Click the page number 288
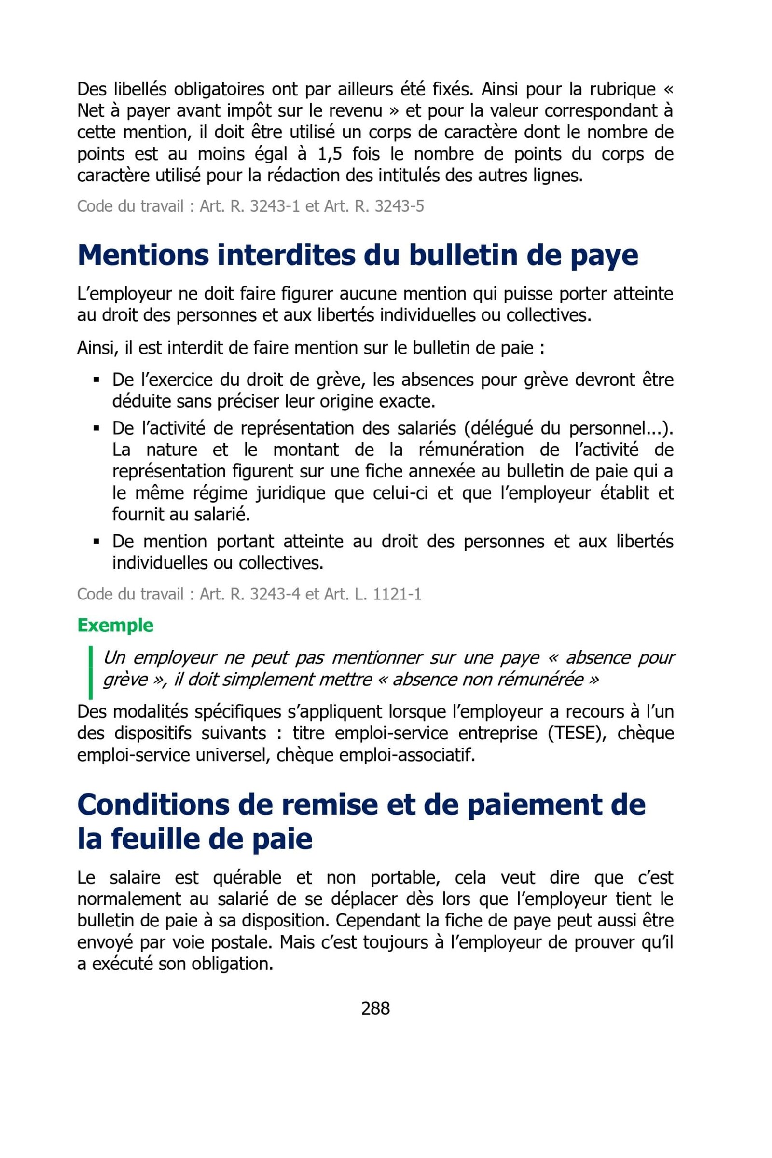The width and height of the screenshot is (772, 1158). coord(375,1008)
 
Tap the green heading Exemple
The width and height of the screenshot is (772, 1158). coord(115,625)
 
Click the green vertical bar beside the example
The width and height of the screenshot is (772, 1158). coord(91,672)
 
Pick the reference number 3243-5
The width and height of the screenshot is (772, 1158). coord(400,206)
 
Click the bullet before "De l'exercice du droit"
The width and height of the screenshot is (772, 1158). coord(96,380)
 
